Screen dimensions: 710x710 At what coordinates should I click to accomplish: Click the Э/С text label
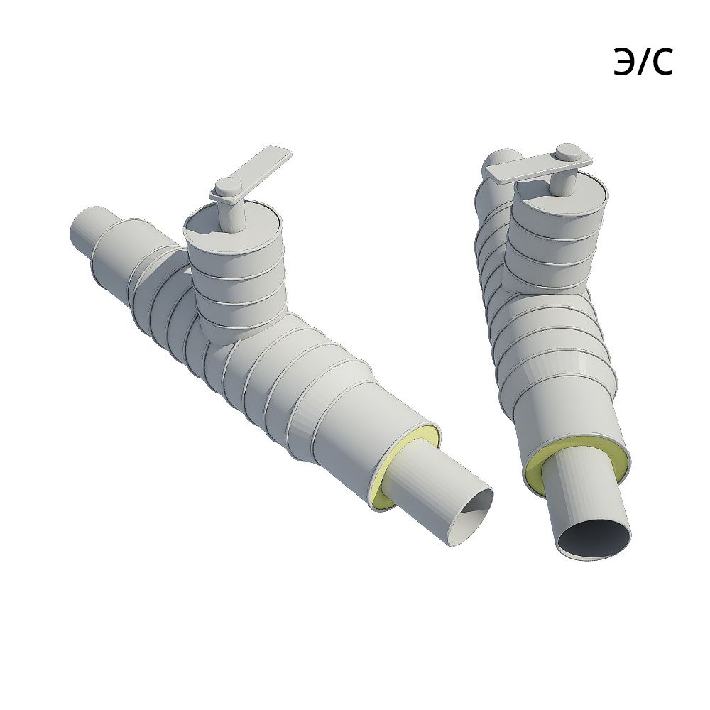(643, 61)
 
